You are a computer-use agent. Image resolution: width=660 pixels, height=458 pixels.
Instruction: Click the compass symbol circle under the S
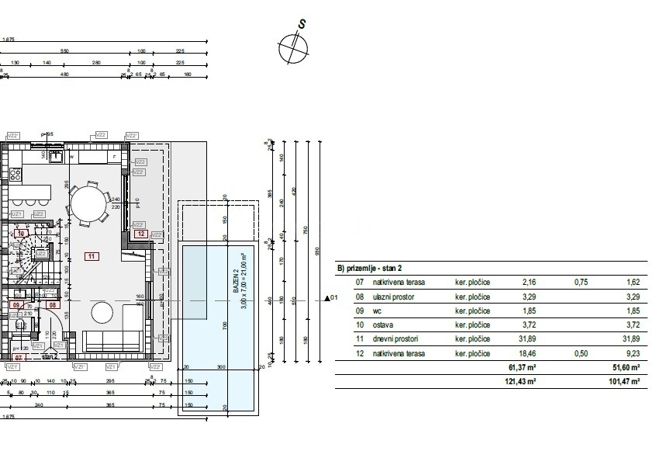tap(292, 48)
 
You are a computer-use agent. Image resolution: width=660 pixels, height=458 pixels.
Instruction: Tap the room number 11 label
tap(92, 255)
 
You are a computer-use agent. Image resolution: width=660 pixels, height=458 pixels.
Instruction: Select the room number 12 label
tap(140, 233)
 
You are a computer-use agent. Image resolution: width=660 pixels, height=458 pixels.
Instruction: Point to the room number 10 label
tap(22, 233)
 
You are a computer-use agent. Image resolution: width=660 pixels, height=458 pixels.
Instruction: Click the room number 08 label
tap(54, 305)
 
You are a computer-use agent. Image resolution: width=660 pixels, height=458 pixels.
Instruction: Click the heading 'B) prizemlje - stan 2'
tap(376, 268)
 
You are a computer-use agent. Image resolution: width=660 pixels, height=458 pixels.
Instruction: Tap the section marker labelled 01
tap(331, 297)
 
